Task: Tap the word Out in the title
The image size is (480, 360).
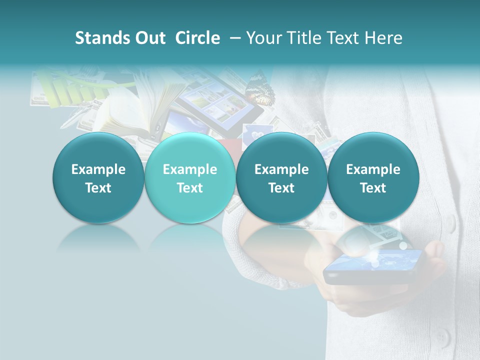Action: [149, 38]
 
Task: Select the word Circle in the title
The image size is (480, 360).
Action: [197, 38]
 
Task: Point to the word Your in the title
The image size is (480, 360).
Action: [263, 38]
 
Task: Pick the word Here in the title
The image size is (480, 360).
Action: [383, 38]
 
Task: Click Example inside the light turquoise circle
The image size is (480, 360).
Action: [190, 169]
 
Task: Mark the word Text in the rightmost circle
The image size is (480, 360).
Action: [373, 188]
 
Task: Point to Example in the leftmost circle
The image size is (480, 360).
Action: [98, 169]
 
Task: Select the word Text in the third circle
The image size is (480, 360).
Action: [281, 188]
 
